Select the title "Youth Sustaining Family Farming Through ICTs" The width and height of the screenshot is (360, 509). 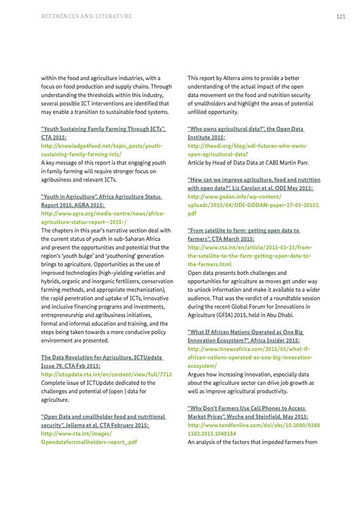103,128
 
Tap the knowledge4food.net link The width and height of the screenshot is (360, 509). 101,145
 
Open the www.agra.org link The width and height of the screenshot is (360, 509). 103,212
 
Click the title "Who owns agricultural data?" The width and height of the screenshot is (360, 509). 245,128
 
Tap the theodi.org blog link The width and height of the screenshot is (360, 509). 247,145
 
